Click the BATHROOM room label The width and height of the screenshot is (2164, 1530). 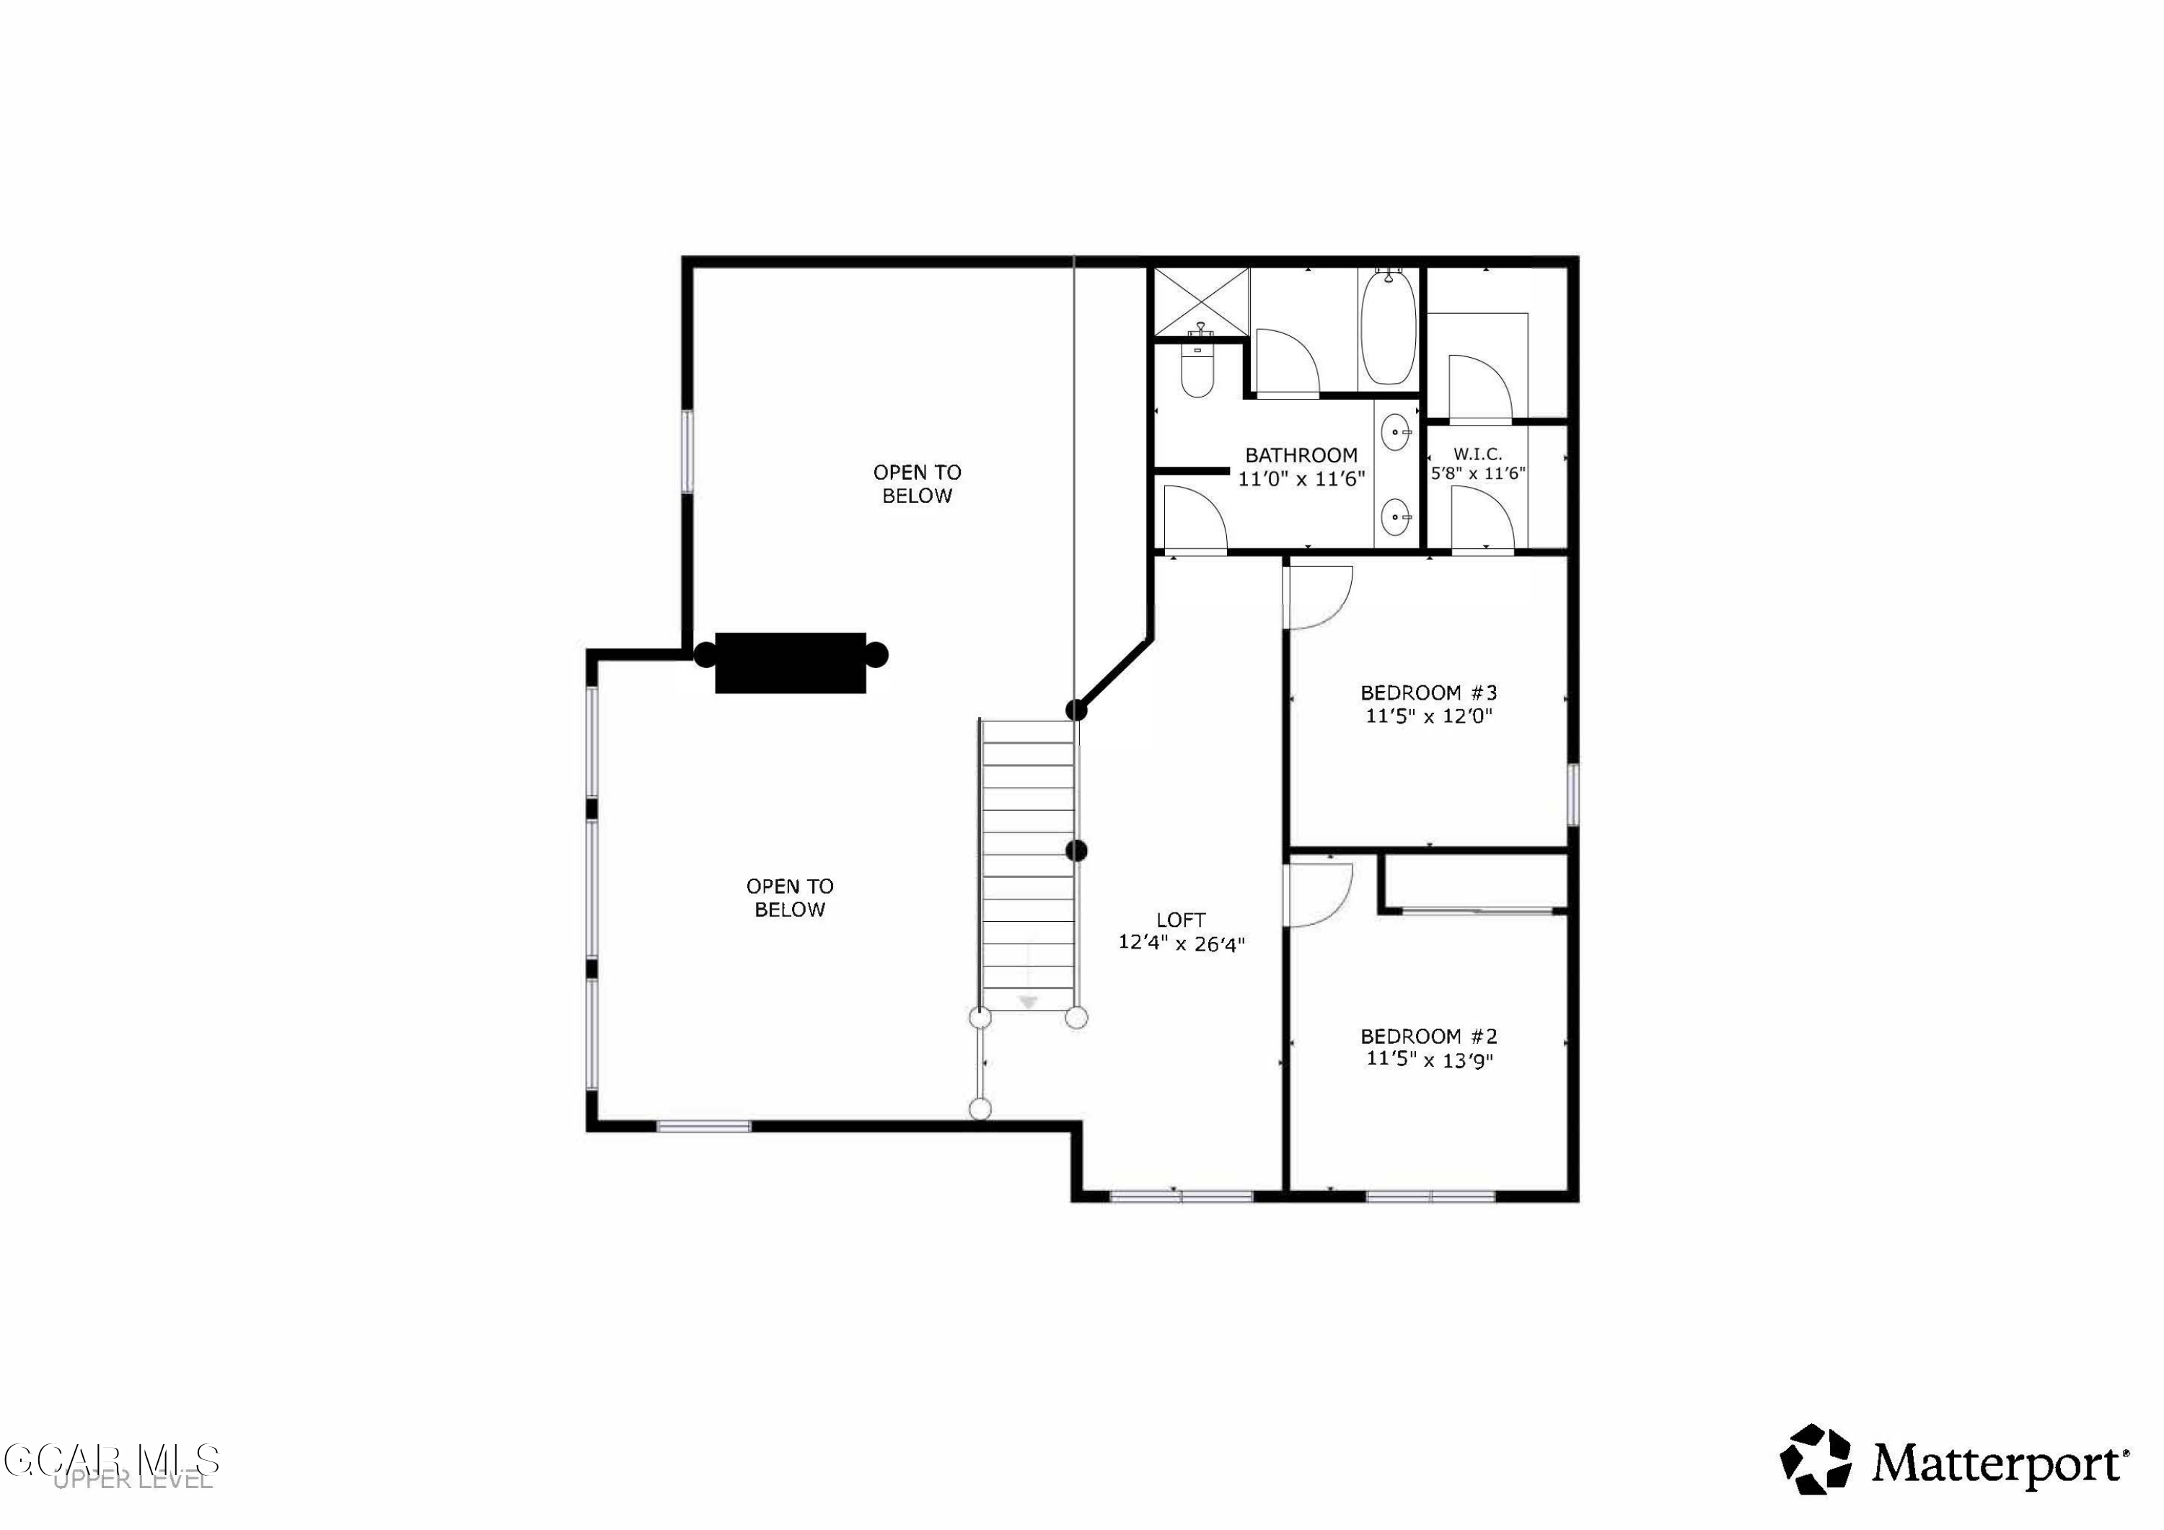pyautogui.click(x=1301, y=455)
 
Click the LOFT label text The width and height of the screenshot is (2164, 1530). pyautogui.click(x=1181, y=920)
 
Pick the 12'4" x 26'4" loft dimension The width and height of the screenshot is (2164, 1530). pyautogui.click(x=1181, y=944)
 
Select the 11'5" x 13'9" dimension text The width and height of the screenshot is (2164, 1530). pyautogui.click(x=1429, y=1060)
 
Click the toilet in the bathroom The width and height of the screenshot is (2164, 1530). pyautogui.click(x=1197, y=372)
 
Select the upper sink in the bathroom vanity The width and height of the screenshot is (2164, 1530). pyautogui.click(x=1395, y=433)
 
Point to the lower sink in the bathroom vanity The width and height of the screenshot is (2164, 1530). pyautogui.click(x=1395, y=516)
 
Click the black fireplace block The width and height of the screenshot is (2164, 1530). pyautogui.click(x=790, y=663)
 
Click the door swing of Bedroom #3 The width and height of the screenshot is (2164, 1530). pyautogui.click(x=1319, y=596)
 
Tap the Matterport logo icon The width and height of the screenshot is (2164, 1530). pyautogui.click(x=1814, y=1459)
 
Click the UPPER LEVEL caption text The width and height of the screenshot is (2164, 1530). pyautogui.click(x=133, y=1481)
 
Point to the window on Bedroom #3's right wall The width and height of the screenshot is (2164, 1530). pyautogui.click(x=1572, y=795)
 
